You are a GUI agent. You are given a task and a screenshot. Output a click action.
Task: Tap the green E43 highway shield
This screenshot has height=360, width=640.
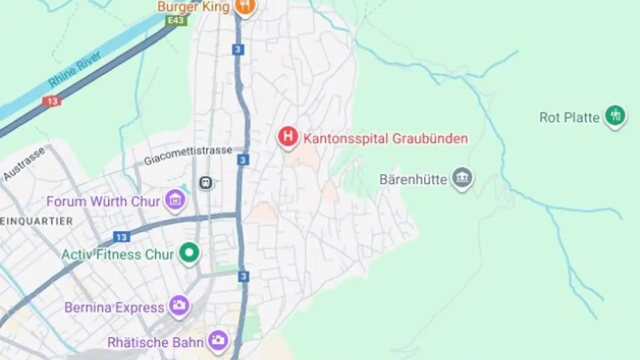tap(176, 20)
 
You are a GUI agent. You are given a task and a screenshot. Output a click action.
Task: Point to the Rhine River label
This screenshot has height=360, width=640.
tap(75, 69)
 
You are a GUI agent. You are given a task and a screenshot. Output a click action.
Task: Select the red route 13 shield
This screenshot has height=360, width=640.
tap(52, 101)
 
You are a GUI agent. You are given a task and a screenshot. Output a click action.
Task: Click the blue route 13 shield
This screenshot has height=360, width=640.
tap(121, 237)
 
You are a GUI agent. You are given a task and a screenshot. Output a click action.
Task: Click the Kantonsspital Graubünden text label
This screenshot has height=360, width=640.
tap(385, 139)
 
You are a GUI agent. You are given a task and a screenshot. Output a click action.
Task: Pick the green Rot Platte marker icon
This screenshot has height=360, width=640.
tap(615, 116)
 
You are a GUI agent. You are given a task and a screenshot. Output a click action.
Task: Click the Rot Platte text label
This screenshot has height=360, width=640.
tap(569, 118)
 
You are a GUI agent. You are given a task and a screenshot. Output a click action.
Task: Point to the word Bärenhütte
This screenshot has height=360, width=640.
tap(413, 180)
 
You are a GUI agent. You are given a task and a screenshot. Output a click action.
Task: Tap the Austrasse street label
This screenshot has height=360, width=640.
tap(24, 164)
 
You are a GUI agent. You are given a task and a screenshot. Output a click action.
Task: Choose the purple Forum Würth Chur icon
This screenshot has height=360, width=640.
tap(175, 200)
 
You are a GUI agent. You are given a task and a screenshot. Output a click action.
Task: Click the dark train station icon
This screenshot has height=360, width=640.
tap(206, 183)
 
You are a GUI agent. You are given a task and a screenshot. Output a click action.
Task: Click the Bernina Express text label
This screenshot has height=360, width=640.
tap(114, 308)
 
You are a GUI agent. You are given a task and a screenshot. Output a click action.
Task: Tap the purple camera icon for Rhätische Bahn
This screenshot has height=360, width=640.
tap(219, 341)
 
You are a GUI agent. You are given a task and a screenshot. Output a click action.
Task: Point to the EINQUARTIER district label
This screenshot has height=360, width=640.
tap(36, 221)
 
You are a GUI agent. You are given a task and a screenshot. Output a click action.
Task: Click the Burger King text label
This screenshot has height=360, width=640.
tap(193, 7)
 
